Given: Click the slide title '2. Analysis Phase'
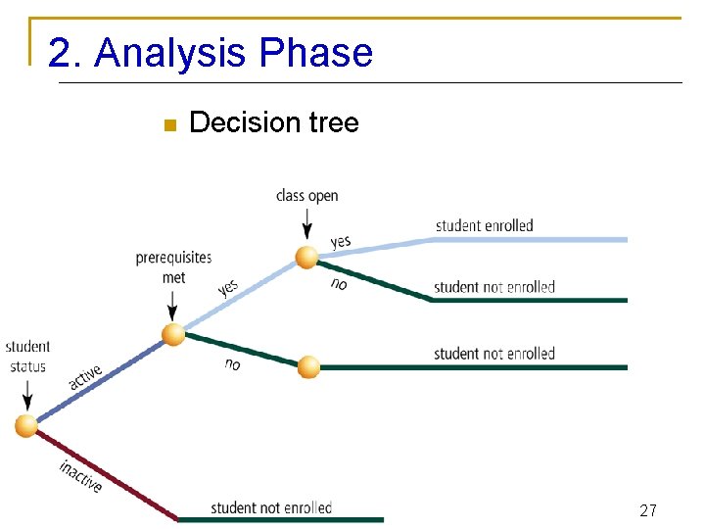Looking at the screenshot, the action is point(211,53).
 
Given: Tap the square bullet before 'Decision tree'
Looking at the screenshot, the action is point(167,124).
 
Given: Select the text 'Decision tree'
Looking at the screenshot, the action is point(273,122).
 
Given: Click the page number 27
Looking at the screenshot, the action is point(647,510).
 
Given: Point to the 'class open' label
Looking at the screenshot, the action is point(306,196).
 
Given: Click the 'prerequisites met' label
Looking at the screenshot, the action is point(173,267).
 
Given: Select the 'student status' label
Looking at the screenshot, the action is point(27,357).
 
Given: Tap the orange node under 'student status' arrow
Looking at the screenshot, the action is point(26,425).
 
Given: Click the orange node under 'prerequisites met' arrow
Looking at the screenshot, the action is point(173,334).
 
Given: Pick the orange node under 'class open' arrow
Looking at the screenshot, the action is point(307,257).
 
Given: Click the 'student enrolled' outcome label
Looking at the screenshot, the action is point(484,225).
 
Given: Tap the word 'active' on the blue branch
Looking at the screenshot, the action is point(85,378).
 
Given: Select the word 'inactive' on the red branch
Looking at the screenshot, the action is point(80,476).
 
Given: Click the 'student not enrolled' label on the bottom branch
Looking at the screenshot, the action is point(271,507).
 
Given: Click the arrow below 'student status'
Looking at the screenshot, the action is point(27,395).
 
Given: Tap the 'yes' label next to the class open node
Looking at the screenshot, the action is point(340,241).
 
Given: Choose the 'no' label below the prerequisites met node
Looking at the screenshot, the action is point(232,364).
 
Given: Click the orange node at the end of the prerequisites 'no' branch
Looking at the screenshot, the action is point(308,367).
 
